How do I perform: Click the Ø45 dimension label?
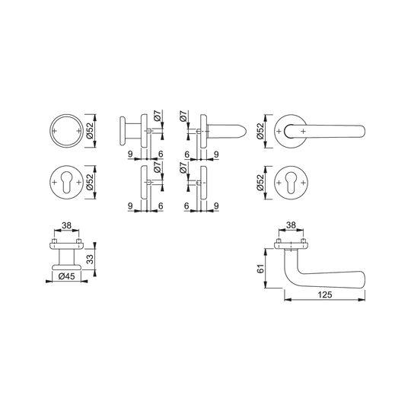[x=66, y=276]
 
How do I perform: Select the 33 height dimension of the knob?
[x=90, y=259]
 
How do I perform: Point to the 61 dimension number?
[x=260, y=269]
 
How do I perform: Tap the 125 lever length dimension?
[x=325, y=295]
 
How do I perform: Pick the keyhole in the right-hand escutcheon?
[x=291, y=181]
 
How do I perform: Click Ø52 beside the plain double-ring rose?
[x=90, y=131]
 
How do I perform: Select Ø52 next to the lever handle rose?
[x=260, y=131]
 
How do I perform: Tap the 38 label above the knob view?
[x=66, y=225]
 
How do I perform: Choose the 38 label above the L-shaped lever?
[x=291, y=225]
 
